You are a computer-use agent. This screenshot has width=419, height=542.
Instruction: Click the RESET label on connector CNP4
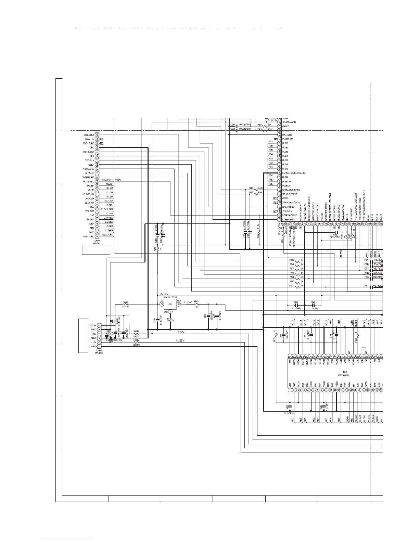pyautogui.click(x=91, y=165)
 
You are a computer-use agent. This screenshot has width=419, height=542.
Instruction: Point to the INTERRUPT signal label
pyautogui.click(x=88, y=177)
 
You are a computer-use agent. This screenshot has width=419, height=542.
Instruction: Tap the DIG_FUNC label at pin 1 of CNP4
pyautogui.click(x=89, y=236)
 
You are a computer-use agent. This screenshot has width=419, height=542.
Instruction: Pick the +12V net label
pyautogui.click(x=180, y=340)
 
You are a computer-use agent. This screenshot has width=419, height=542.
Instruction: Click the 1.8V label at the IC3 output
pyautogui.click(x=187, y=302)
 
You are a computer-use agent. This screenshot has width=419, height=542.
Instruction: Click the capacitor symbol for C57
pyautogui.click(x=296, y=305)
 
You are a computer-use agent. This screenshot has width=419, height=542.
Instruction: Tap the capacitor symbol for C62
pyautogui.click(x=313, y=305)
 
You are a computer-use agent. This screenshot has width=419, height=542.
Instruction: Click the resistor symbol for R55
pyautogui.click(x=297, y=260)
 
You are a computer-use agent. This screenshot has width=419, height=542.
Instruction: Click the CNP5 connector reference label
pyautogui.click(x=99, y=350)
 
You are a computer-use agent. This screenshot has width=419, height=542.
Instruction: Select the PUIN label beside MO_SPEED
pyautogui.click(x=118, y=180)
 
